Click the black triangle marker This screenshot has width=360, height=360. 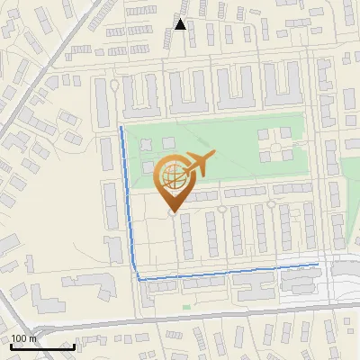tap(181, 25)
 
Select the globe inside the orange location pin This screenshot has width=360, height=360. tap(172, 176)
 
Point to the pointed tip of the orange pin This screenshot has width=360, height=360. tap(172, 211)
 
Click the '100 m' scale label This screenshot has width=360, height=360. tap(23, 338)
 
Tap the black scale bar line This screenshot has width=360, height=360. tap(42, 346)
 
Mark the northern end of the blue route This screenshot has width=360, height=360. tap(121, 128)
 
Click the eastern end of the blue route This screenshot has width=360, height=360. tap(318, 264)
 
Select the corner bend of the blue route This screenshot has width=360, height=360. tap(139, 279)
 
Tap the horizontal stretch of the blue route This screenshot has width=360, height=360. tap(225, 272)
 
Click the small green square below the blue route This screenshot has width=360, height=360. tap(186, 307)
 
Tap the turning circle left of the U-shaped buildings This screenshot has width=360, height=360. tap(115, 86)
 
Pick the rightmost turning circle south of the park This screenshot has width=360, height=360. tap(271, 204)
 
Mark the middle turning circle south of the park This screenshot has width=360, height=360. tap(221, 208)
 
